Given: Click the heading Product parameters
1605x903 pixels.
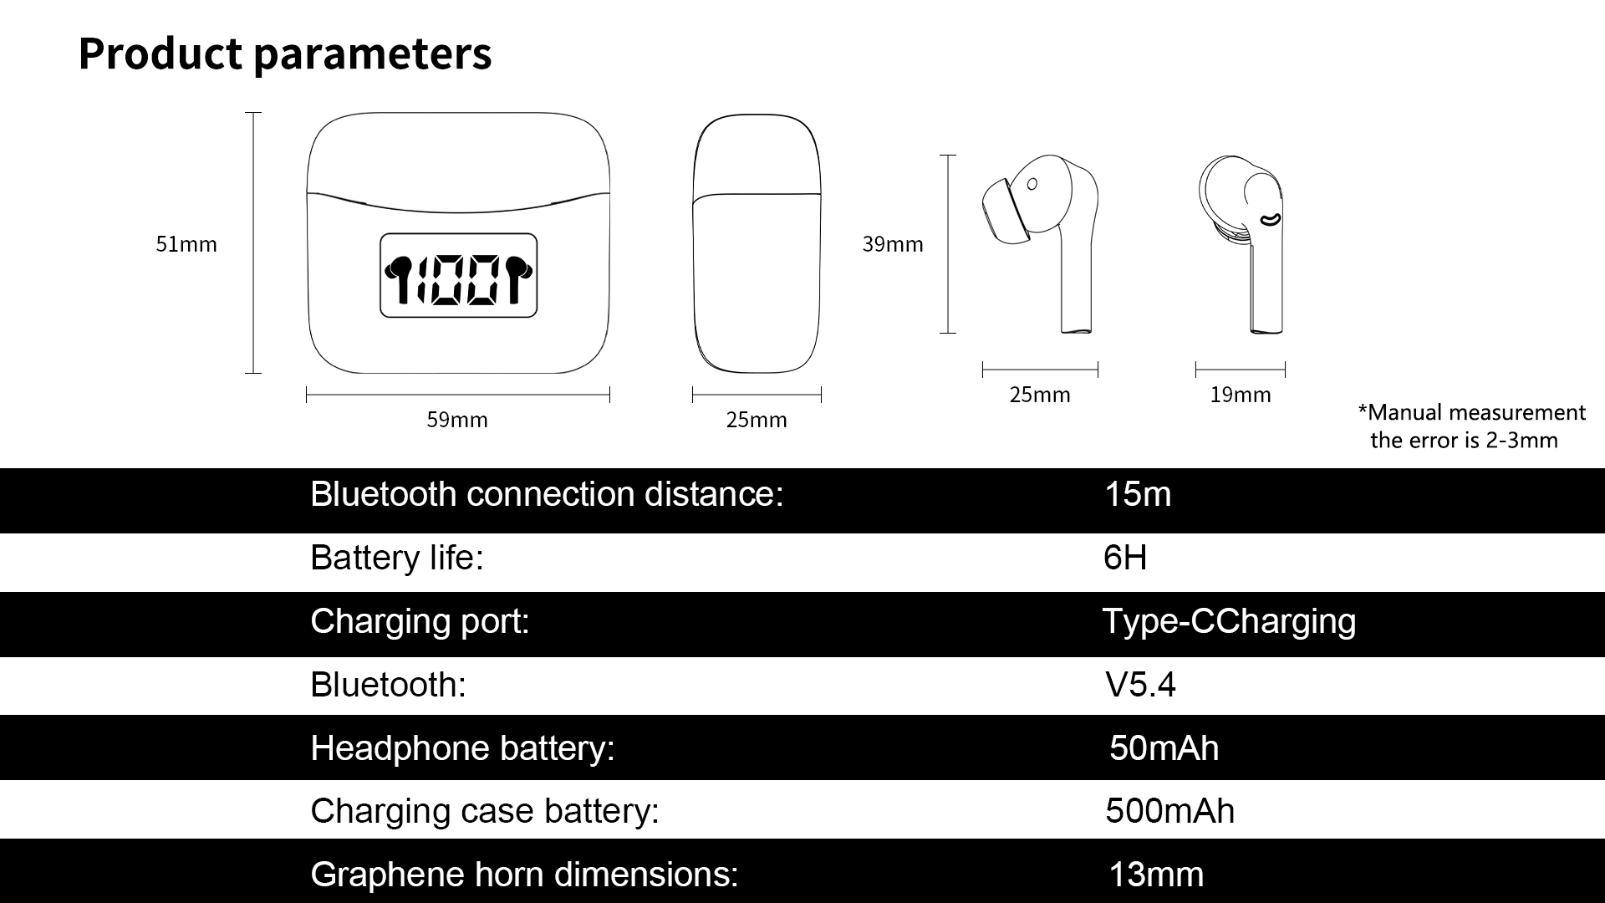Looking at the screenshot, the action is (x=285, y=54).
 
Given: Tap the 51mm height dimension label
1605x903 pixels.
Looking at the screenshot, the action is (x=186, y=244).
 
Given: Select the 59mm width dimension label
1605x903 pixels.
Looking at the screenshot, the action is (x=457, y=420).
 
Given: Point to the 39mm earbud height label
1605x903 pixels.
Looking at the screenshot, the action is (x=893, y=244).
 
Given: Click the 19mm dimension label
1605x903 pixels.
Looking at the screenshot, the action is (x=1241, y=395).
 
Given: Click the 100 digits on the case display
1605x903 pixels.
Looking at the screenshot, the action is (x=458, y=279).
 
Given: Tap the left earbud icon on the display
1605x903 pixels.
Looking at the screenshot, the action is (x=398, y=279).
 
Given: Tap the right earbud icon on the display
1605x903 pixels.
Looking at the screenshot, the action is (x=519, y=279).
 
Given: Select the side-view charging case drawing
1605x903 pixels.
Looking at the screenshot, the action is (x=757, y=244).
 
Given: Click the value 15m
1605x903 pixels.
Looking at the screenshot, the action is (x=1138, y=494).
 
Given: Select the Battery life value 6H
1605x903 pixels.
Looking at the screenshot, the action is (x=1125, y=557).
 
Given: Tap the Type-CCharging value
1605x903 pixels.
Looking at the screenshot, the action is (x=1229, y=622).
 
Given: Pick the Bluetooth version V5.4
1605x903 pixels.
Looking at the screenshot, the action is (x=1140, y=685).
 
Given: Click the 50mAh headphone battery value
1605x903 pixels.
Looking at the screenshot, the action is (x=1164, y=748).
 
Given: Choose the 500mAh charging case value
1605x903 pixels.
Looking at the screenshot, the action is (x=1169, y=811).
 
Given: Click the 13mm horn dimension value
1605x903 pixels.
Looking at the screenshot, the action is (x=1156, y=875).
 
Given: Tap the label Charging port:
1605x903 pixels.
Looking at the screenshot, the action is (x=420, y=622).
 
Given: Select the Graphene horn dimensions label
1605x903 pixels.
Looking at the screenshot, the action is (x=524, y=875).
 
